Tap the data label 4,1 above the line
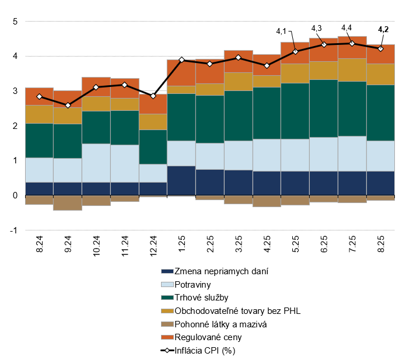[x=281, y=32]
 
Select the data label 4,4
[x=346, y=27]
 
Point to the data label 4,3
[x=317, y=28]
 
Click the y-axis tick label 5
[x=15, y=22]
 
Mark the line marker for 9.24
[x=68, y=105]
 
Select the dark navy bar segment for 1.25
[x=181, y=181]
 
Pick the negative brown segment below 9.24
[x=68, y=202]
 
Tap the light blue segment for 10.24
[x=96, y=163]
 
